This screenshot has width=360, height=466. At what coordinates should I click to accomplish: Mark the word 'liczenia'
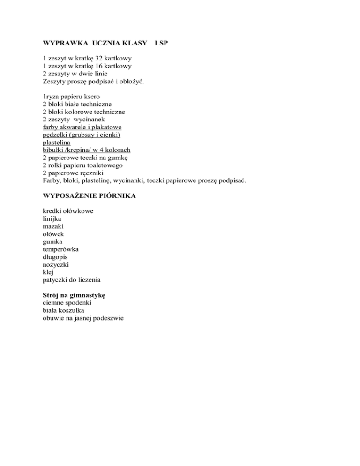(x=88, y=280)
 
